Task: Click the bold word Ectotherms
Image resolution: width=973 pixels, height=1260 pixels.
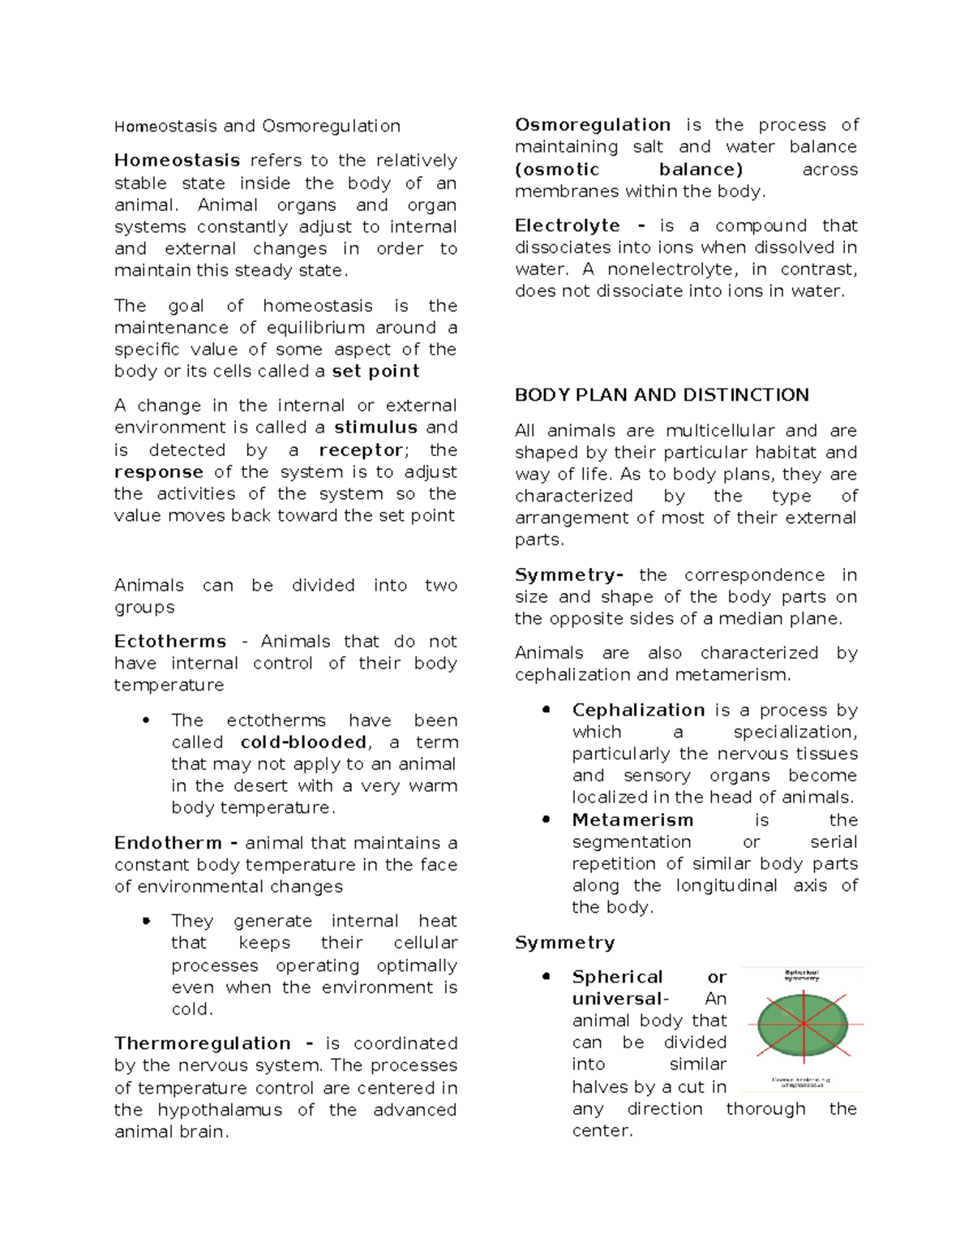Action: click(x=169, y=642)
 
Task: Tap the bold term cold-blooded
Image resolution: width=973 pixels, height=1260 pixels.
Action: click(x=303, y=742)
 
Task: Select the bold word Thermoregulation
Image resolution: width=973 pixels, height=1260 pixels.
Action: click(x=202, y=1043)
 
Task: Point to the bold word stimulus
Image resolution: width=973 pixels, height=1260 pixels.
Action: click(x=375, y=428)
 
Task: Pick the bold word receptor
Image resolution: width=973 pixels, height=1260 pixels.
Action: click(x=360, y=450)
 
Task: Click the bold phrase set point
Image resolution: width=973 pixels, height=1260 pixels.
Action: click(x=375, y=372)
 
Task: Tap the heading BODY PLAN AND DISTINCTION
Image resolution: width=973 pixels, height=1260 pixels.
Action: click(x=662, y=395)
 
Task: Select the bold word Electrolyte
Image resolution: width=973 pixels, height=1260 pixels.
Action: click(x=568, y=226)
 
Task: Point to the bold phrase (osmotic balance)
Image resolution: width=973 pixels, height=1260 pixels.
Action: click(x=628, y=170)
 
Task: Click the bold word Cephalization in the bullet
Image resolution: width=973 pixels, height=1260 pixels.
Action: click(x=638, y=710)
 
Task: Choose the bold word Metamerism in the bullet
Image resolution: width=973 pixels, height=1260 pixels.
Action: click(x=632, y=820)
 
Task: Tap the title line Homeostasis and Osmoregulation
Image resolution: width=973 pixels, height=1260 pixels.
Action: click(x=257, y=127)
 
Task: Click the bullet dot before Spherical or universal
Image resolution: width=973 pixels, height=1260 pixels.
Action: click(x=547, y=977)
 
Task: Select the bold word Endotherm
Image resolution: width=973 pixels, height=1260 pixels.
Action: click(x=168, y=843)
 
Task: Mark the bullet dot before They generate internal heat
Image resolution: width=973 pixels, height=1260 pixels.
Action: click(x=146, y=921)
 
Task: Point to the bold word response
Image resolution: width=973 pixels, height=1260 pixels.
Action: click(x=159, y=472)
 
